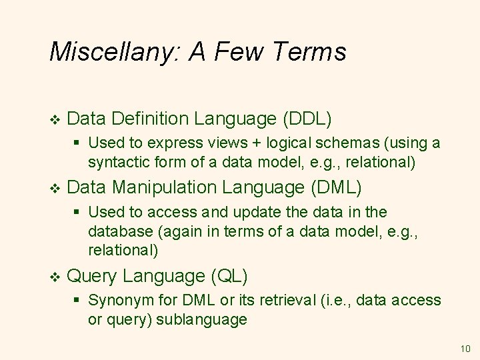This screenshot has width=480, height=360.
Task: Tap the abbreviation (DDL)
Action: [307, 119]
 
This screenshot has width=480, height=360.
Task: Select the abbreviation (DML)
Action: [337, 188]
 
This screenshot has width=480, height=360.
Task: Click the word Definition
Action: [151, 119]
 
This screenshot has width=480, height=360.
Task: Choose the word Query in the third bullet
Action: [93, 275]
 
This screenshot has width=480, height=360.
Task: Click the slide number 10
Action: [465, 348]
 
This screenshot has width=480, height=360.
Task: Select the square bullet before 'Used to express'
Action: [77, 143]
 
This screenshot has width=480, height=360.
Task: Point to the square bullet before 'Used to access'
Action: [77, 212]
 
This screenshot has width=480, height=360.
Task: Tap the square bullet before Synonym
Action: [77, 300]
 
